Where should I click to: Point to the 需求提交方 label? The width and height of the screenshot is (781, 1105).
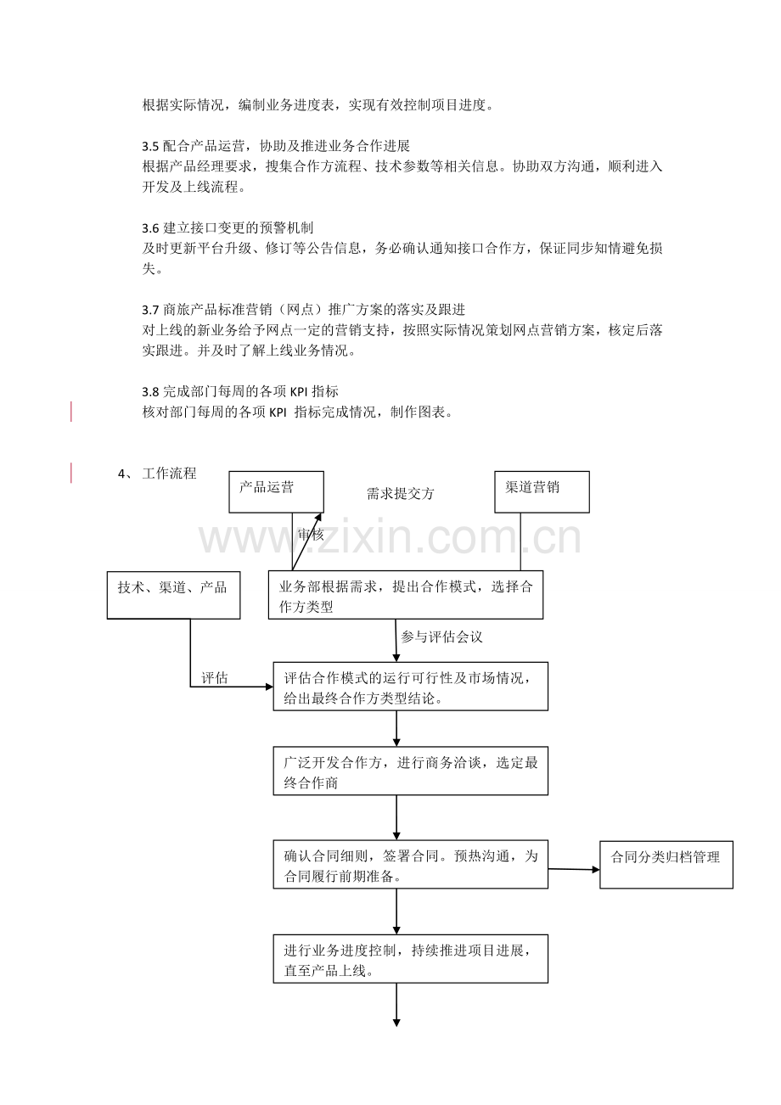coord(400,494)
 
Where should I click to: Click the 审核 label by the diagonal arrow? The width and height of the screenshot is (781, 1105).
coord(311,534)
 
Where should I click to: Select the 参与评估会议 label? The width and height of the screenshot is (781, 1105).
coord(441,637)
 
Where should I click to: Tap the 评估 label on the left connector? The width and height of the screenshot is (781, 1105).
coord(215,678)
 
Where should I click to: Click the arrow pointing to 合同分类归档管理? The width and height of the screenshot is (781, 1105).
coord(574,869)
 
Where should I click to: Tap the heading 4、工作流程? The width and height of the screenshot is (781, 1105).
coord(157,474)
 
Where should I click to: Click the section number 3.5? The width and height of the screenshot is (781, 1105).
coord(150,147)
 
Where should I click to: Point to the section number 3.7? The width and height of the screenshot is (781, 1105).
coord(150,311)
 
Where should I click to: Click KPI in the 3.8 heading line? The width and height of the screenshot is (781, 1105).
coord(299,392)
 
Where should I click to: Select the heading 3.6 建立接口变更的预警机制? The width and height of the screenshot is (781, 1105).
coord(228,228)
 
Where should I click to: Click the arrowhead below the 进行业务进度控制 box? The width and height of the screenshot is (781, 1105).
coord(396,1023)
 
